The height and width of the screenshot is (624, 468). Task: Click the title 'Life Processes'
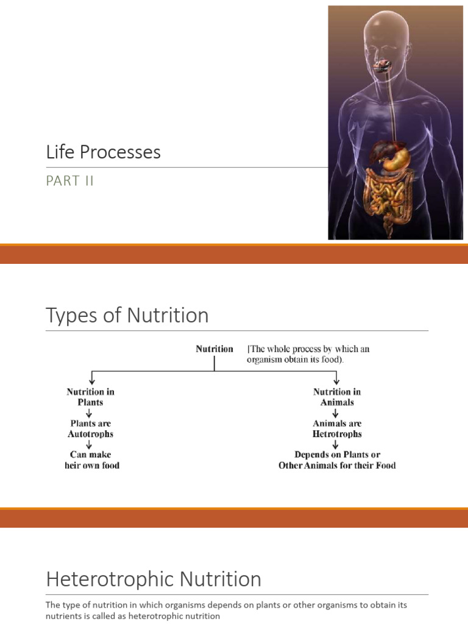tap(103, 152)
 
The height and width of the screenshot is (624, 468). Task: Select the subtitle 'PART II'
tap(70, 181)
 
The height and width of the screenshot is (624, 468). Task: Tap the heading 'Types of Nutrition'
tap(127, 316)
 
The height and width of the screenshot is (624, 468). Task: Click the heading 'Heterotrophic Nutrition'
tap(154, 579)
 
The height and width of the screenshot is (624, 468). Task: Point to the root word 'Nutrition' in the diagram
tap(214, 349)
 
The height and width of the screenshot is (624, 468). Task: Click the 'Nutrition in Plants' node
tap(90, 397)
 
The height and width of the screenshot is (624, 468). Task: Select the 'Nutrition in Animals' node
tap(337, 397)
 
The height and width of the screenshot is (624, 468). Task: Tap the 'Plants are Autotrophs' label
tap(90, 429)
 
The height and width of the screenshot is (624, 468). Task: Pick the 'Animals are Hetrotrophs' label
tap(337, 429)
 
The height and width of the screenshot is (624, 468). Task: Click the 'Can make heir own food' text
tap(91, 460)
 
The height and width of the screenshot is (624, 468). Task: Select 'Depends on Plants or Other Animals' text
tap(337, 460)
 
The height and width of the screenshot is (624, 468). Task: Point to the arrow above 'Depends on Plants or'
tap(336, 445)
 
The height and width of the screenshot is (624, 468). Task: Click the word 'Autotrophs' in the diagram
tap(90, 434)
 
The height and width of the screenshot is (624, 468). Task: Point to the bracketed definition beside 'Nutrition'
tap(308, 354)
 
